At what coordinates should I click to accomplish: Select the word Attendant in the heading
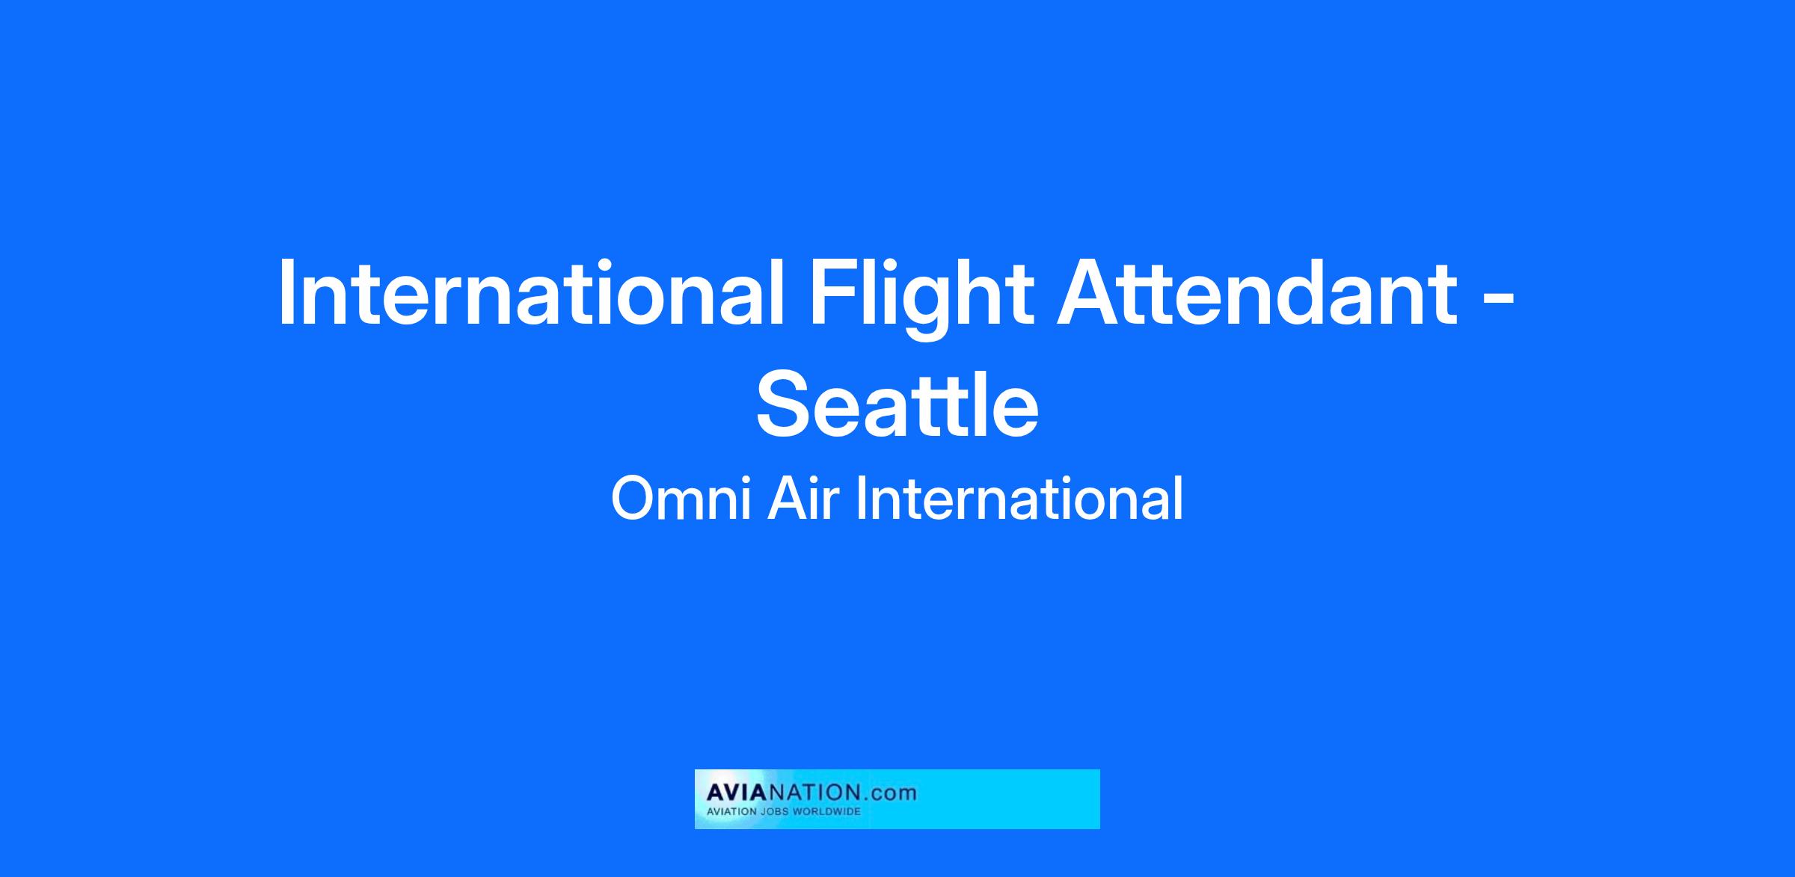1256,292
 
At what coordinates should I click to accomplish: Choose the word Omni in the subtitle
681,499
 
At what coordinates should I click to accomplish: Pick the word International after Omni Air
1019,499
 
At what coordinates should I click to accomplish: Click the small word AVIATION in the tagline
734,811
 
